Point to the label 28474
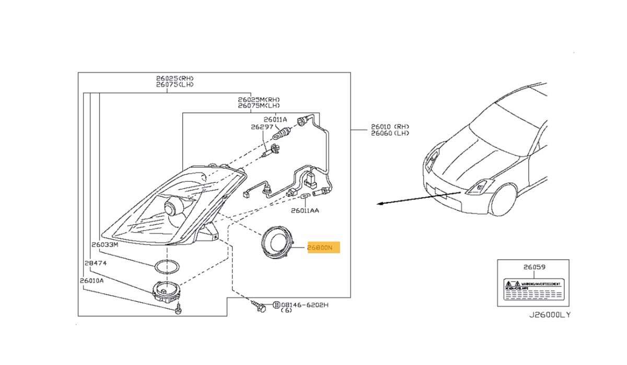[x=95, y=263]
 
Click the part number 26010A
[x=92, y=280]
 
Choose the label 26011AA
[x=305, y=211]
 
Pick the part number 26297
[x=262, y=127]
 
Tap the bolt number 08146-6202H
[x=304, y=304]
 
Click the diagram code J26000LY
[x=550, y=314]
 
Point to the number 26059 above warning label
[x=534, y=267]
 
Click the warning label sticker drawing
[x=533, y=290]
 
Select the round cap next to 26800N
[x=277, y=243]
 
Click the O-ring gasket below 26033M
[x=168, y=267]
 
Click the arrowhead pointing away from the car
[x=379, y=204]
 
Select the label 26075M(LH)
[x=259, y=105]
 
